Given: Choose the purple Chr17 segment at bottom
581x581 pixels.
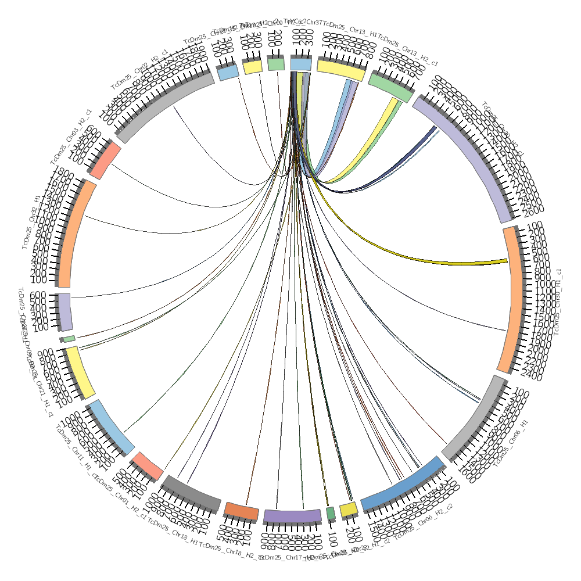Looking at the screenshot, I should click(292, 515).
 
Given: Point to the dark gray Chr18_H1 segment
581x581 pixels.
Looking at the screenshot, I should click(191, 494).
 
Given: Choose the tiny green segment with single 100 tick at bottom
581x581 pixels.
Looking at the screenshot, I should click(331, 513).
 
